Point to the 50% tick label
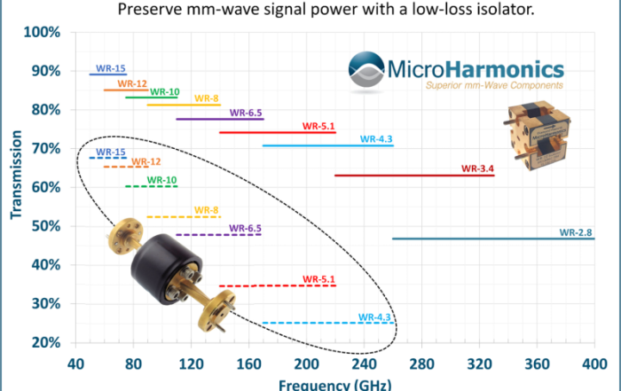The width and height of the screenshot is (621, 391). pyautogui.click(x=44, y=226)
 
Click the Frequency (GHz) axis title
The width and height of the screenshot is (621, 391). pyautogui.click(x=333, y=385)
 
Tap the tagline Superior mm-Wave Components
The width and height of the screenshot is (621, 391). pyautogui.click(x=494, y=86)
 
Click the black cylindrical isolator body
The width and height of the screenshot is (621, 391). pyautogui.click(x=165, y=261)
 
